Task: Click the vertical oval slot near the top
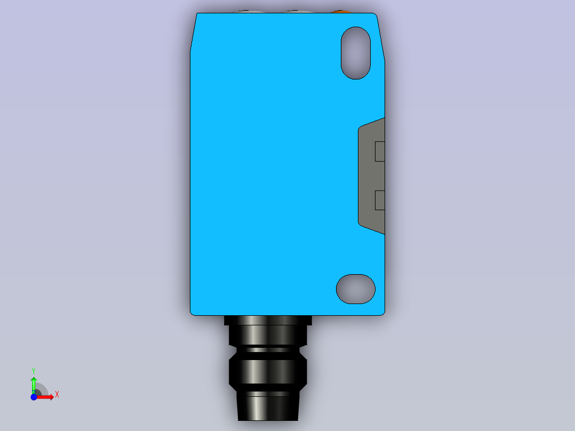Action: point(356,53)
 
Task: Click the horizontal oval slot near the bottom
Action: point(356,289)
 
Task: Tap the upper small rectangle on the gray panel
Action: point(380,151)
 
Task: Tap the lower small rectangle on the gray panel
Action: point(380,200)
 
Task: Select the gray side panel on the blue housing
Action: point(369,176)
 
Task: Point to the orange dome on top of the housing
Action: point(340,11)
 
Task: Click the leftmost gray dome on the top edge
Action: point(245,11)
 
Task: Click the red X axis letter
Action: point(57,394)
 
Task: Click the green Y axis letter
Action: point(33,370)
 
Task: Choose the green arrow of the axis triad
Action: point(33,383)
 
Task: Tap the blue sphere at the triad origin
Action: point(34,397)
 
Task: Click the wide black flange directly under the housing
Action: point(268,320)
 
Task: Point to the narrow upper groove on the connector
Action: point(268,350)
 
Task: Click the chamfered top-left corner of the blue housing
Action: point(193,32)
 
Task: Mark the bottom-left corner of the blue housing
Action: point(192,313)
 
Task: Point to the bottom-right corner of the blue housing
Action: point(382,313)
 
